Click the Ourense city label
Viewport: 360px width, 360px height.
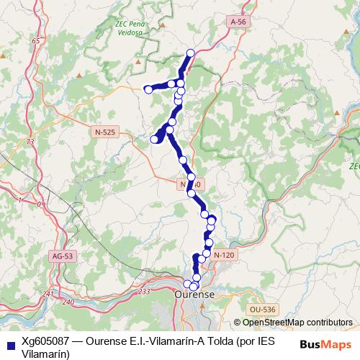click(x=194, y=295)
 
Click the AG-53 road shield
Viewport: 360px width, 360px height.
click(x=63, y=256)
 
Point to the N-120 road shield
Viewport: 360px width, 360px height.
click(x=225, y=256)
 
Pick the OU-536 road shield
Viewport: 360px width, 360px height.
click(x=260, y=309)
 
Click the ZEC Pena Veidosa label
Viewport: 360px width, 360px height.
click(x=132, y=27)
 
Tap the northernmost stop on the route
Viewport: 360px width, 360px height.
click(x=191, y=53)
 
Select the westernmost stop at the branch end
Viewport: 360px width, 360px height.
click(x=148, y=89)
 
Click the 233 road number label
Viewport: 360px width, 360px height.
click(x=143, y=291)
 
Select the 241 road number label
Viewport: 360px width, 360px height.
click(x=48, y=294)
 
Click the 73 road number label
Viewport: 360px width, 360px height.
click(x=30, y=143)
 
